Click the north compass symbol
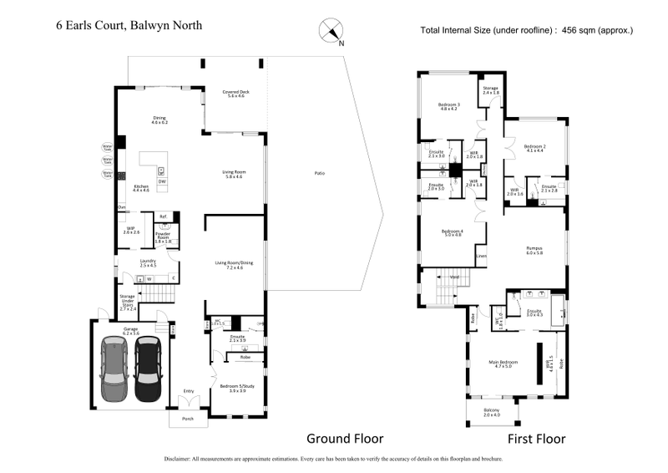(331, 30)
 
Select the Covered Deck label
(235, 94)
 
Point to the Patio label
(318, 173)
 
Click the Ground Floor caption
(344, 438)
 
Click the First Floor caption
(537, 438)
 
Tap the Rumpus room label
(534, 250)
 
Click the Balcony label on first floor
(491, 410)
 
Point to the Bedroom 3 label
(449, 106)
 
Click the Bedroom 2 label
(535, 147)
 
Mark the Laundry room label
(149, 262)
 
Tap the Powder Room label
(162, 237)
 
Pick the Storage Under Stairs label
(127, 301)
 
